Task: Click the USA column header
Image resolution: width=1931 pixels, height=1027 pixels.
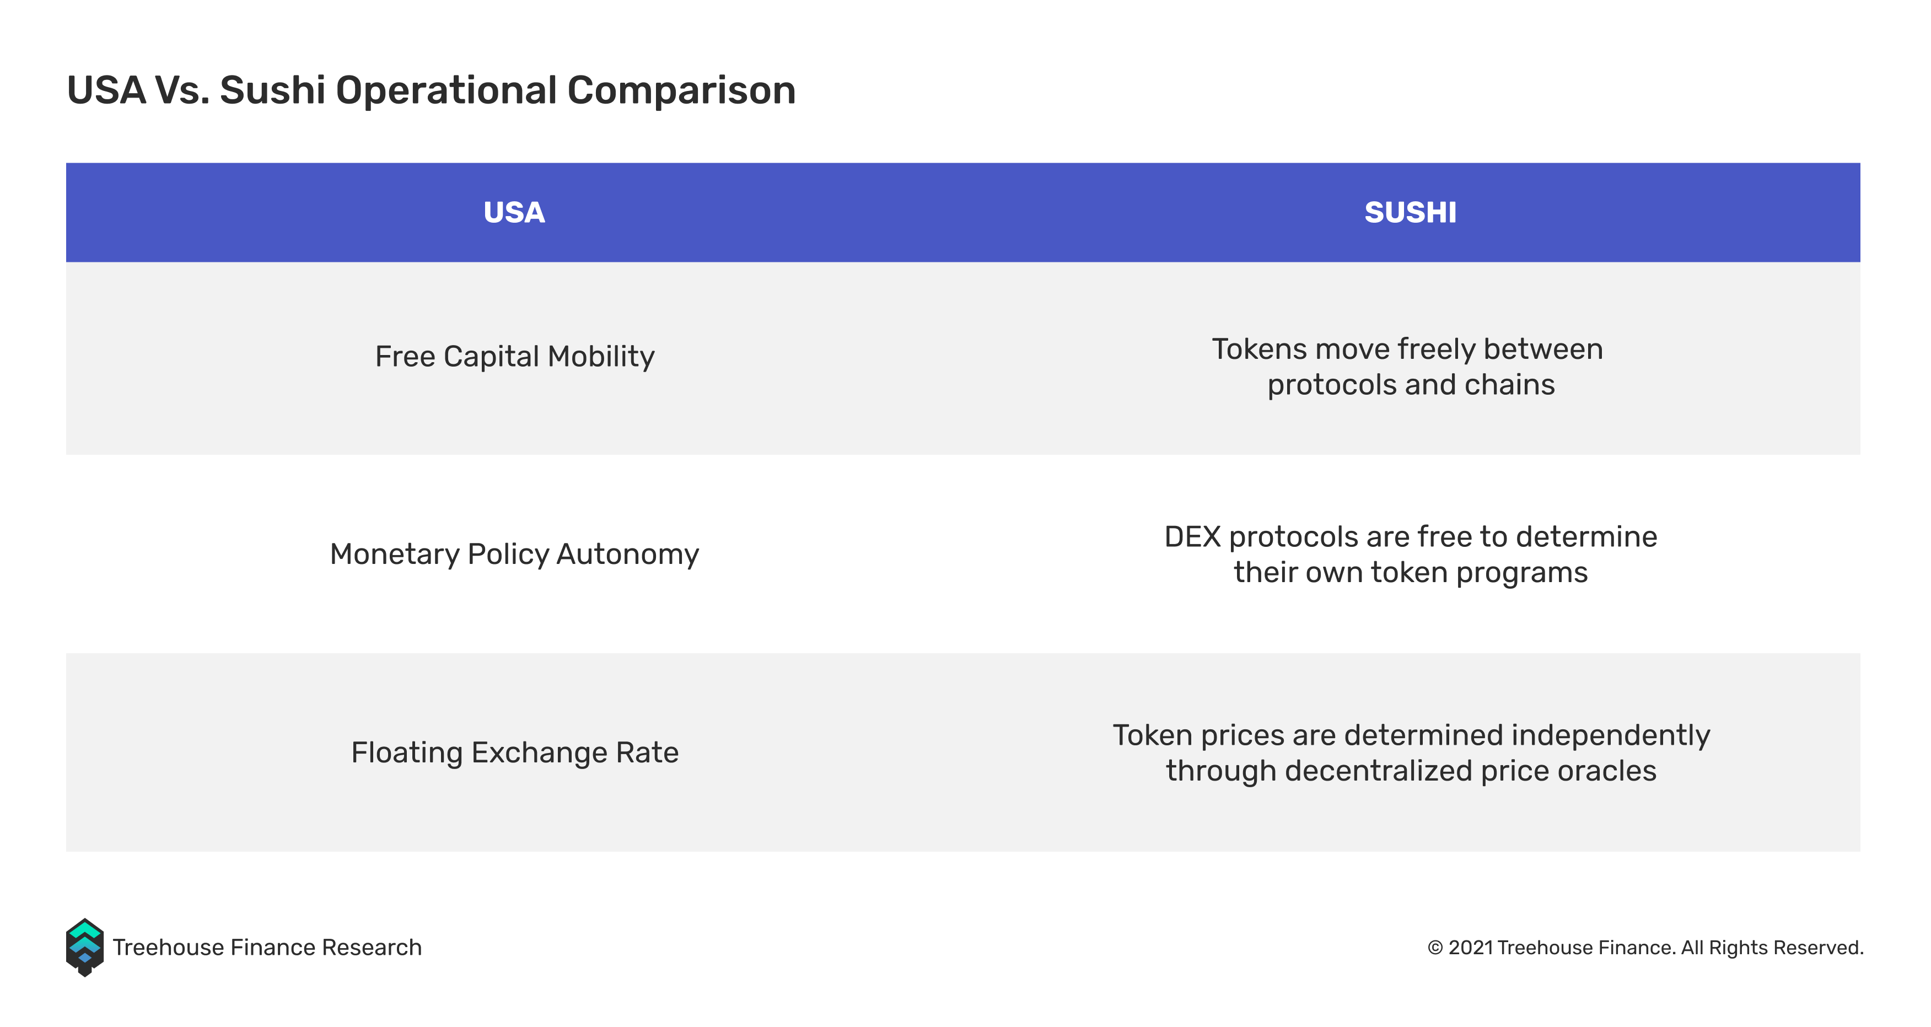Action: coord(514,212)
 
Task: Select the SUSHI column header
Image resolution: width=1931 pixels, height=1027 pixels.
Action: coord(1410,212)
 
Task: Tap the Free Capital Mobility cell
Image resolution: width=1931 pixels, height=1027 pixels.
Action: coord(514,357)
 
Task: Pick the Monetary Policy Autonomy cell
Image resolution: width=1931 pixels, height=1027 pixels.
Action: coord(514,555)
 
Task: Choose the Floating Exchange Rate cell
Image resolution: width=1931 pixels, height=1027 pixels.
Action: coord(514,752)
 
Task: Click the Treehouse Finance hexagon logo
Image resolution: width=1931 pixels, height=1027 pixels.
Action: coord(85,948)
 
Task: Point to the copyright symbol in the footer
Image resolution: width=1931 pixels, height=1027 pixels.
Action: coord(1435,948)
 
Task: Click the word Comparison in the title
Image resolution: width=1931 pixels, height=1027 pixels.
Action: coord(681,91)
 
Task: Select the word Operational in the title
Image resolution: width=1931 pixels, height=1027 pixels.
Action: coord(446,91)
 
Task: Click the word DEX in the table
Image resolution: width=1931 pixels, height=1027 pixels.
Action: coord(1193,537)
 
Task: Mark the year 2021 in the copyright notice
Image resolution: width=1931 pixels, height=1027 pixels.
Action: coord(1471,948)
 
